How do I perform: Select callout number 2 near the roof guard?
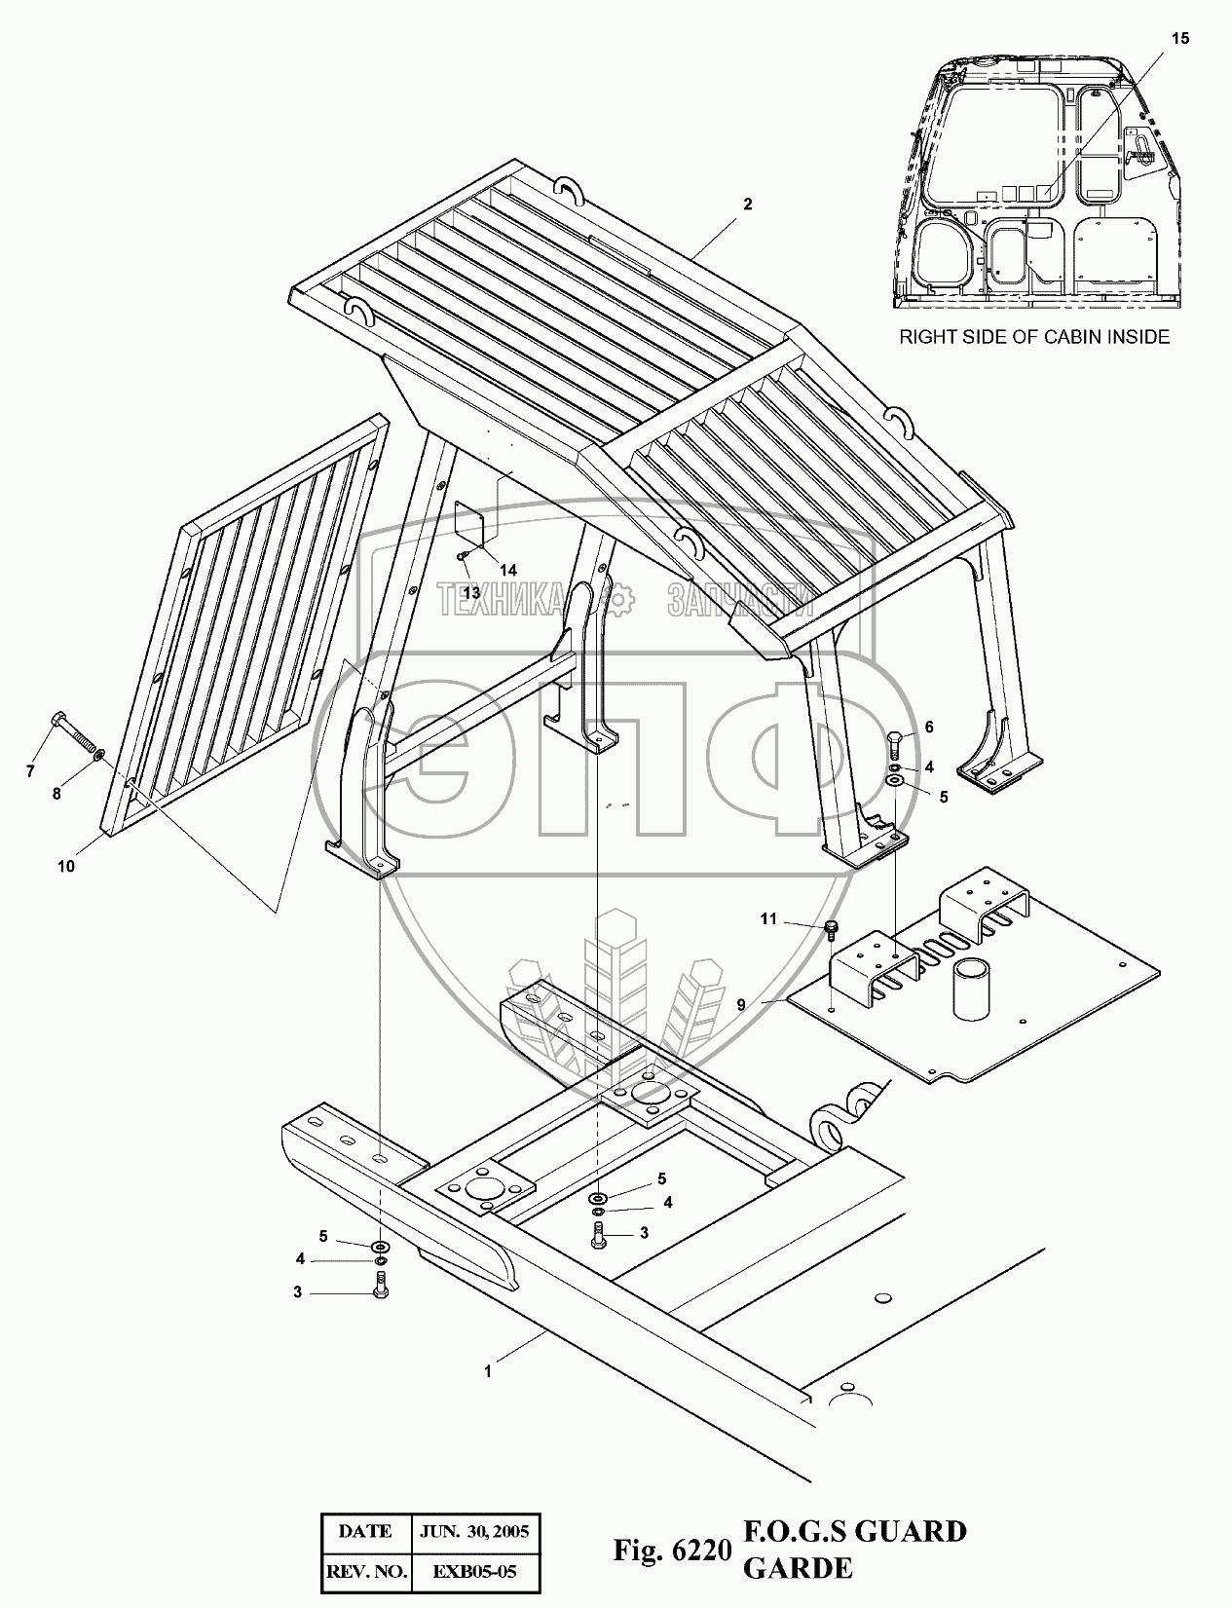click(747, 205)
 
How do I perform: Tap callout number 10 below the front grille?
click(66, 866)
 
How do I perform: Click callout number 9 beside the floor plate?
click(741, 1003)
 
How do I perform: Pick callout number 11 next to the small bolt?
click(768, 918)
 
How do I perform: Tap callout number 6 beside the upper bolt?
click(928, 727)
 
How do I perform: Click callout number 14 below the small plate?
click(508, 569)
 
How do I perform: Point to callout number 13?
click(472, 592)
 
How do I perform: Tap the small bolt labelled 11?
click(832, 928)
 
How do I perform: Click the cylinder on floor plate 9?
click(974, 986)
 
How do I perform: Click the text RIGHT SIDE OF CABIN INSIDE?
click(1033, 337)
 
